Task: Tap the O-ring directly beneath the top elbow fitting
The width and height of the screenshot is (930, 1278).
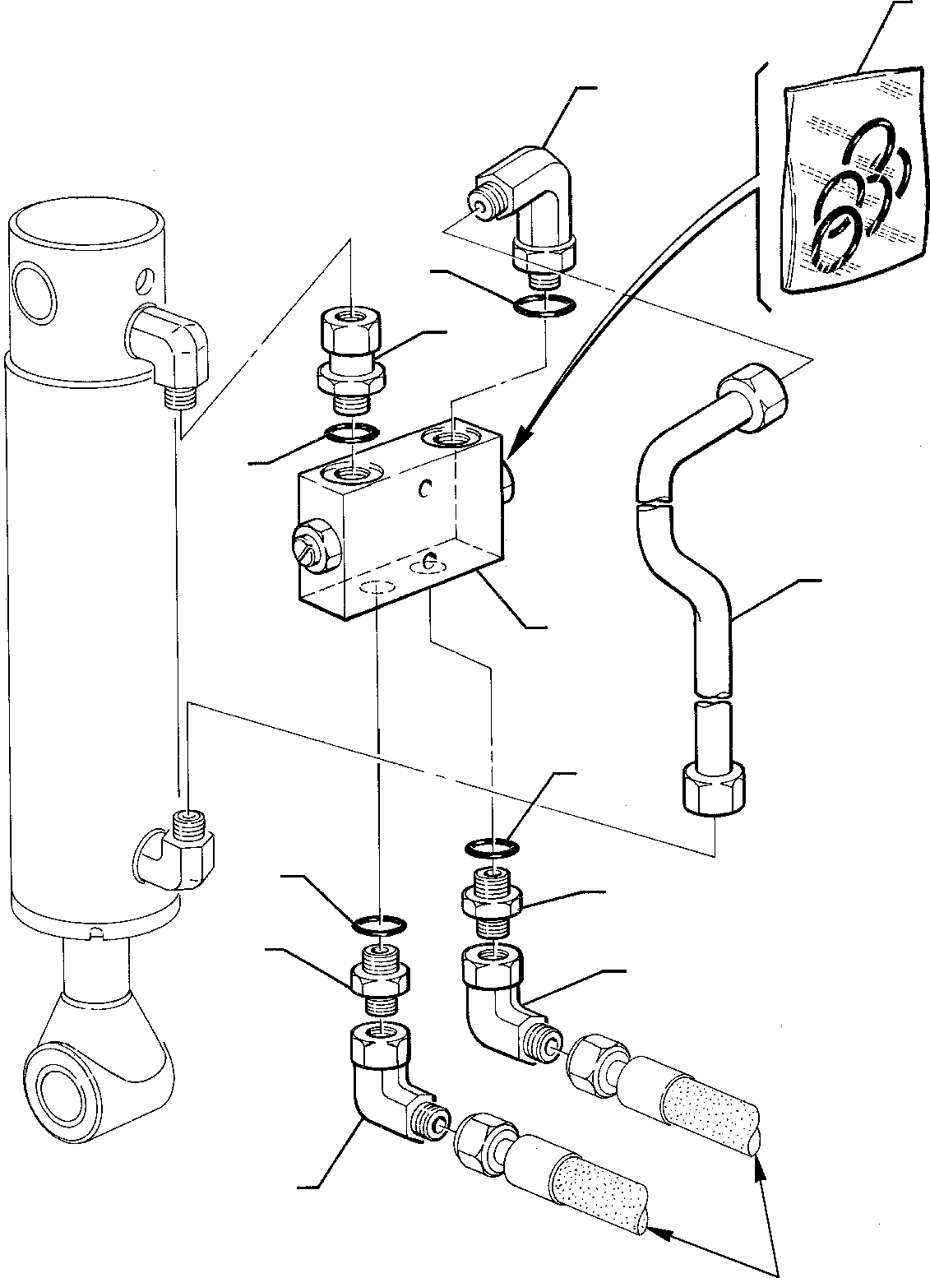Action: point(544,306)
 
